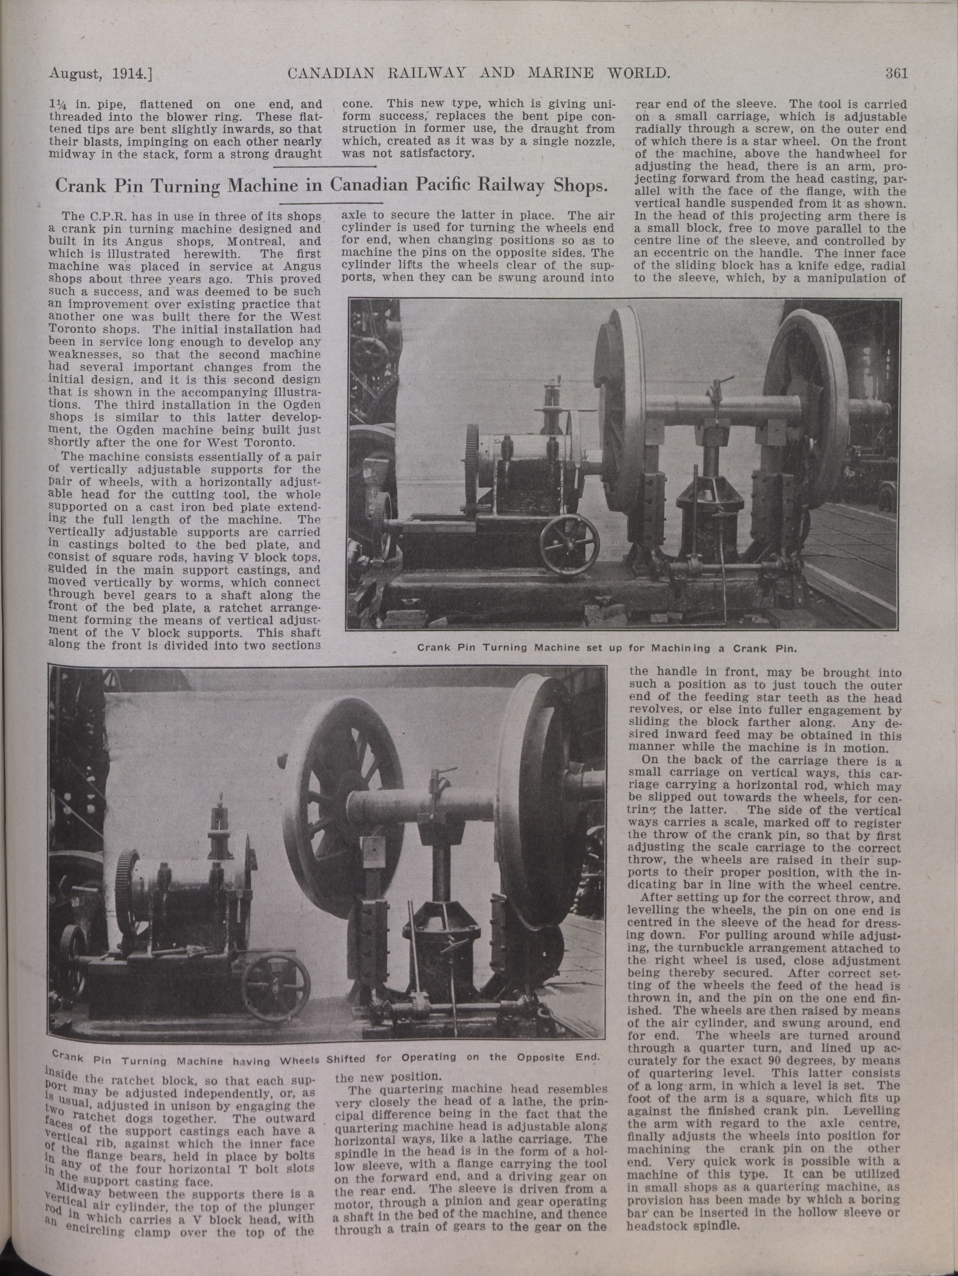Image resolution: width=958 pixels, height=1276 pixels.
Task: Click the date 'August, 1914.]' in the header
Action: (x=104, y=74)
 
